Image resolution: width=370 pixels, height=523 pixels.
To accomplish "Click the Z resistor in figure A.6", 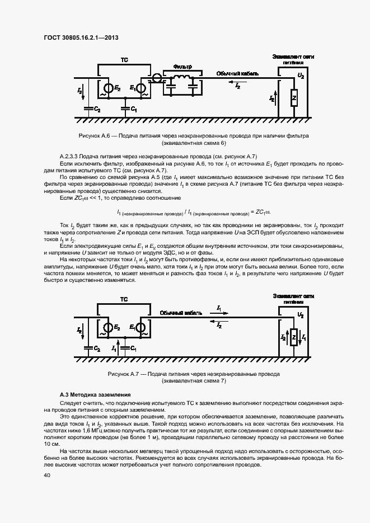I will pyautogui.click(x=293, y=98).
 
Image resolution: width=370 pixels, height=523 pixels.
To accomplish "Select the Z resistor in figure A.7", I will pyautogui.click(x=293, y=337).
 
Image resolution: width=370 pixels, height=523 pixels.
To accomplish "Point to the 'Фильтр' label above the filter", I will pyautogui.click(x=182, y=67).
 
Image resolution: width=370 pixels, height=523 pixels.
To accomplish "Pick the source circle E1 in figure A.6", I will pyautogui.click(x=143, y=88).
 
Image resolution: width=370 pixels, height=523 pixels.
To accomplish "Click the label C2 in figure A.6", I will pyautogui.click(x=97, y=110).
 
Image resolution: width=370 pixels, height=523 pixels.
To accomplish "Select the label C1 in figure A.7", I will pyautogui.click(x=133, y=348).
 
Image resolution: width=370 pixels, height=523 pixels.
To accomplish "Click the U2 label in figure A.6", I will pyautogui.click(x=301, y=75).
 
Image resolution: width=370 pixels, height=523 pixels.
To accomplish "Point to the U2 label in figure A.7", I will pyautogui.click(x=301, y=316).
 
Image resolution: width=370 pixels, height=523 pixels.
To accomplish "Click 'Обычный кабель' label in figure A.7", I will pyautogui.click(x=179, y=313).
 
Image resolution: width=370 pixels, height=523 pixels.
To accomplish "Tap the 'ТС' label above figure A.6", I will pyautogui.click(x=124, y=59).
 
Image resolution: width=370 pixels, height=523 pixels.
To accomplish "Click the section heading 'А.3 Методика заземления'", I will pyautogui.click(x=87, y=395).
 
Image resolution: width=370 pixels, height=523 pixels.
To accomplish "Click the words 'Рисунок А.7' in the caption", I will pyautogui.click(x=125, y=373).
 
